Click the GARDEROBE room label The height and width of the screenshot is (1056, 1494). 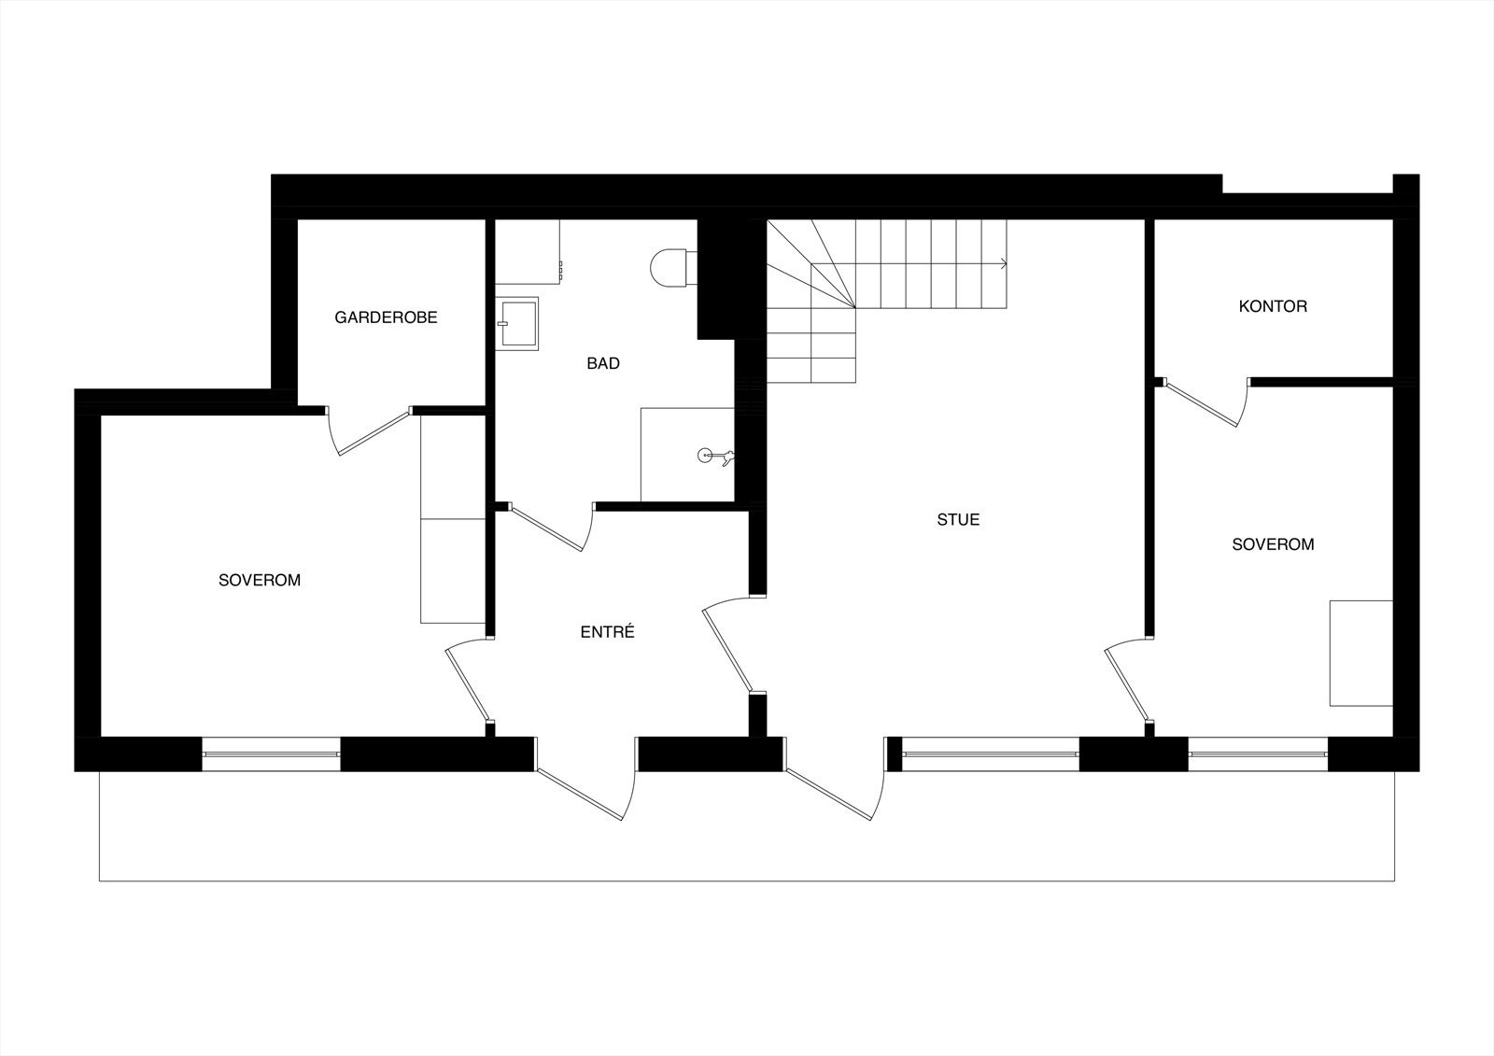[386, 317]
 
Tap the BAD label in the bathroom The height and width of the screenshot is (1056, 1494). [603, 363]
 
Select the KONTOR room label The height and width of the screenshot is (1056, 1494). [1273, 306]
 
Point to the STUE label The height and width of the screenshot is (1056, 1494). [958, 519]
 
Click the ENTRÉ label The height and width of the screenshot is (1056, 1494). [607, 632]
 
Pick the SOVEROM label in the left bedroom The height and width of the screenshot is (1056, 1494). [260, 580]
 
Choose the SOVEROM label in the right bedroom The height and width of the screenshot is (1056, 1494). [1273, 544]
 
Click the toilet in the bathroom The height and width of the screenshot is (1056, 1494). [669, 268]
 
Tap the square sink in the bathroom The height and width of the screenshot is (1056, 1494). [518, 323]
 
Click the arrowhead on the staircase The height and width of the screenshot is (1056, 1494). [1004, 263]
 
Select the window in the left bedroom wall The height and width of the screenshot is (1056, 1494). [271, 753]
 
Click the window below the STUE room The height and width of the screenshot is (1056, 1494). [990, 753]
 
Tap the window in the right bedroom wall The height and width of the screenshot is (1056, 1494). [1258, 753]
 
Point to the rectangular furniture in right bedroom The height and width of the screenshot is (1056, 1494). [1361, 653]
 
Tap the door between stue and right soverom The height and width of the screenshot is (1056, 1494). [1128, 682]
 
